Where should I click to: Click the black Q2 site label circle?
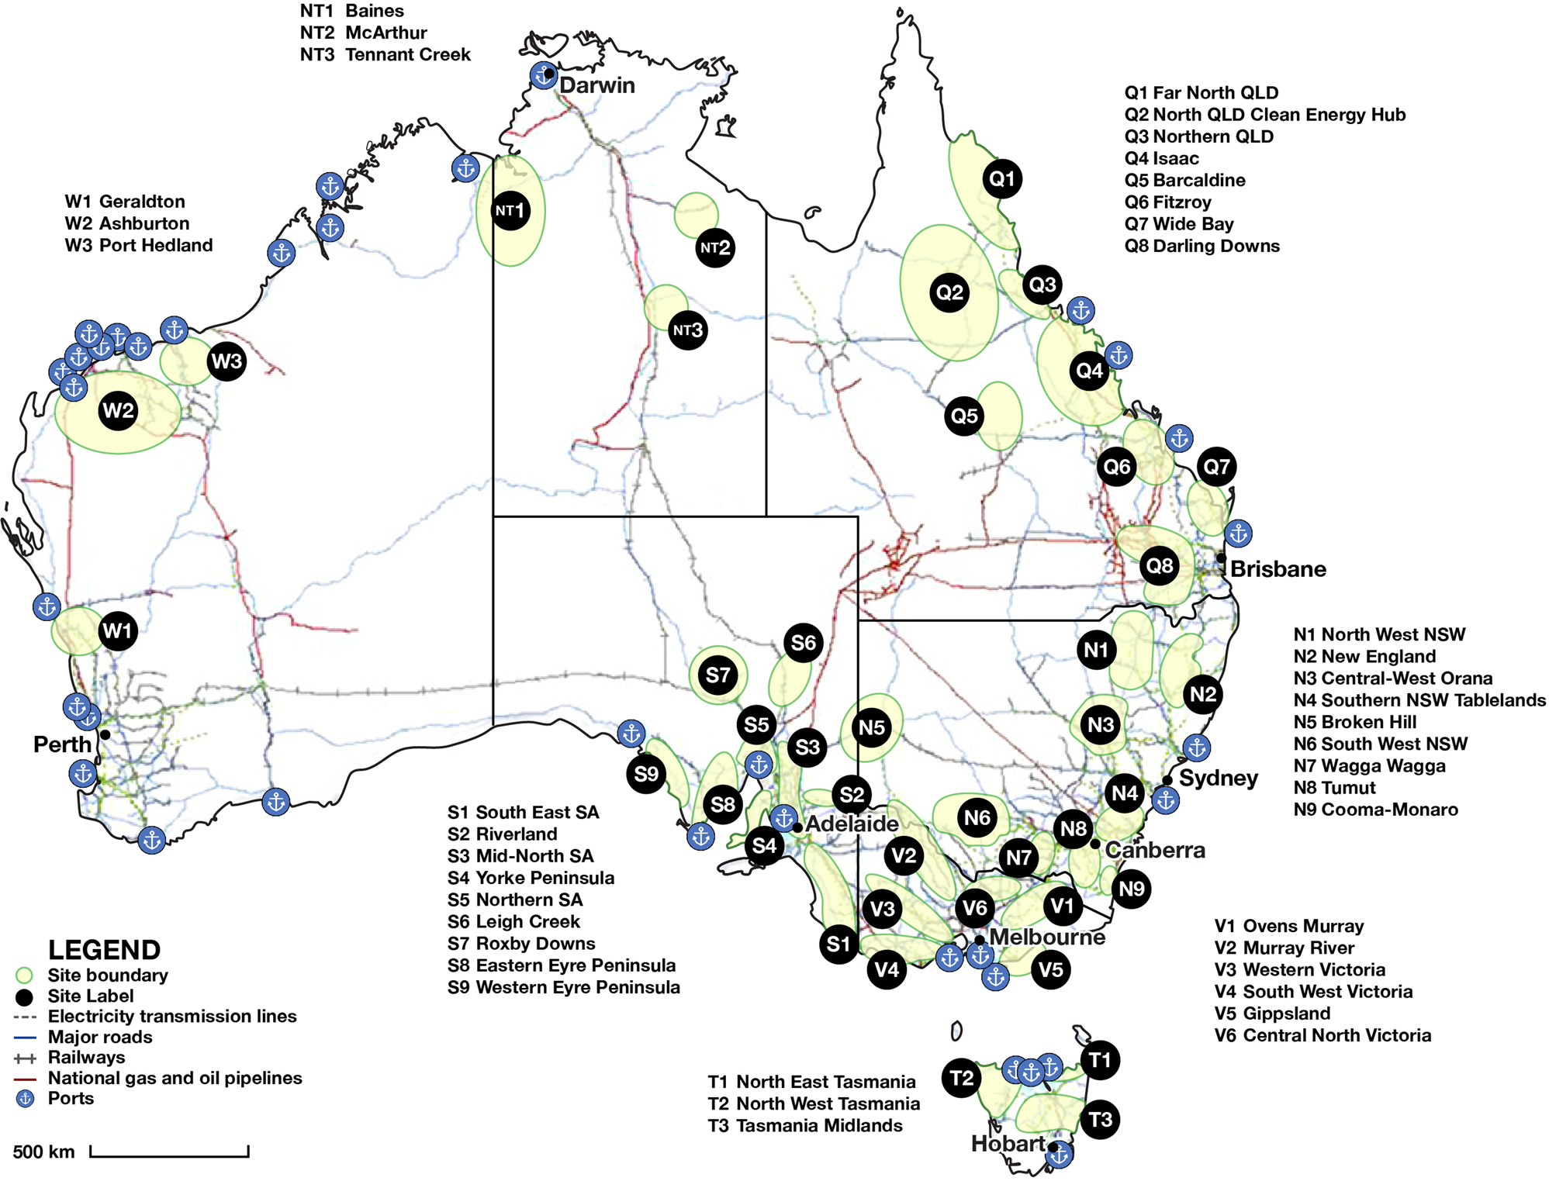(x=949, y=292)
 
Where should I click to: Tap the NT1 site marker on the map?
(x=510, y=210)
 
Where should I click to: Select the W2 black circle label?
(x=118, y=410)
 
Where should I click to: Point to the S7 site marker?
(x=717, y=675)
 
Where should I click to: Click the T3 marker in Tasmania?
(x=1100, y=1119)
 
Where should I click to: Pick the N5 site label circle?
(x=872, y=727)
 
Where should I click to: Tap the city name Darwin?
(x=596, y=85)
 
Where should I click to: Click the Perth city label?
(x=62, y=744)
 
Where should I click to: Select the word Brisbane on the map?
(x=1278, y=569)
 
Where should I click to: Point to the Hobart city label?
(x=1008, y=1144)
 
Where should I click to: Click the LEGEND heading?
(x=104, y=950)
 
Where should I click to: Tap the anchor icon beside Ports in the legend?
(x=26, y=1099)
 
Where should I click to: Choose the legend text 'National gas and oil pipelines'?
(x=175, y=1078)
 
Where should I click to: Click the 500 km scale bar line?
(x=169, y=1155)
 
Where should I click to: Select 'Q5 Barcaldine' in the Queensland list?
(x=1184, y=181)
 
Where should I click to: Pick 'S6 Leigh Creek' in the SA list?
(x=513, y=922)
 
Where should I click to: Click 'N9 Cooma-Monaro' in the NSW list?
(x=1375, y=810)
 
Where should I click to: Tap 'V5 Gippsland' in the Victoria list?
(x=1272, y=1014)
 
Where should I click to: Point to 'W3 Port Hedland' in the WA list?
(x=138, y=246)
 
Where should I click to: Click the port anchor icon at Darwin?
(x=541, y=75)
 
